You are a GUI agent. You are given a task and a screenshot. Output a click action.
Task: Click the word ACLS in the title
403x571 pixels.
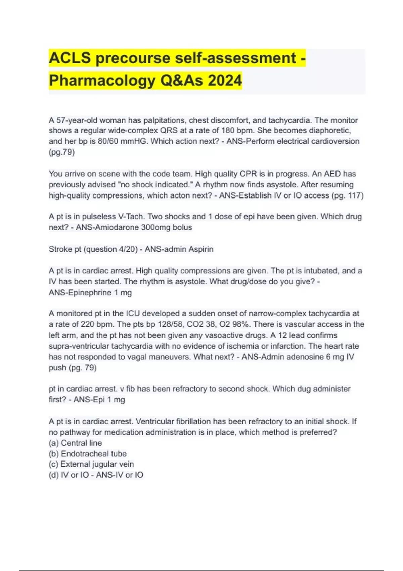click(x=70, y=58)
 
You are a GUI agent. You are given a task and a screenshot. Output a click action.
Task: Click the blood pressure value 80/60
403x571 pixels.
click(x=108, y=141)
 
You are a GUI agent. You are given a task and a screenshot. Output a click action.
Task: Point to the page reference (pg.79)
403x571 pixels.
click(x=62, y=152)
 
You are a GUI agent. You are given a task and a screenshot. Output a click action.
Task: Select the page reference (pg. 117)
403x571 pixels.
click(x=347, y=195)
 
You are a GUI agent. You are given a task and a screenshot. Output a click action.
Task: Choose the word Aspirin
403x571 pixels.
click(x=201, y=249)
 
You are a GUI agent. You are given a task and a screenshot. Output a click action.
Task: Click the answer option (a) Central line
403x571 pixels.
click(x=75, y=443)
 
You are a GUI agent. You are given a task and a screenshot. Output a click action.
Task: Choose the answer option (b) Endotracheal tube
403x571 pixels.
click(x=88, y=454)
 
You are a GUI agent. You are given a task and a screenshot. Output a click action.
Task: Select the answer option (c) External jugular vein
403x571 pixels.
click(x=91, y=464)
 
